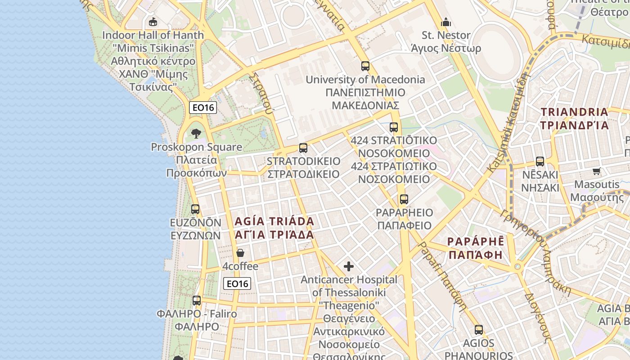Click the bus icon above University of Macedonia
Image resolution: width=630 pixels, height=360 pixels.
(365, 66)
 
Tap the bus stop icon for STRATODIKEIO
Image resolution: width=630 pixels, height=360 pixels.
(303, 148)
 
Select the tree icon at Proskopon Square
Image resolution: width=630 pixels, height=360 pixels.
(196, 133)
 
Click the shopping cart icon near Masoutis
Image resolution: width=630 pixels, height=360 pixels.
(597, 171)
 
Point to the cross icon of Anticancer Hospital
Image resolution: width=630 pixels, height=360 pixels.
(349, 266)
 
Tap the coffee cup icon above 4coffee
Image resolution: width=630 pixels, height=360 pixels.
(240, 253)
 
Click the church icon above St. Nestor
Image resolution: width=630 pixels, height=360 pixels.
(446, 22)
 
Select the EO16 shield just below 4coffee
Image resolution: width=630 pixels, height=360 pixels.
(237, 283)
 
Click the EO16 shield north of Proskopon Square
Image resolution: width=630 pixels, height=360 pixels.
(203, 107)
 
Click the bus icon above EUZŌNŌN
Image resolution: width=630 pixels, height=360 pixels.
(195, 209)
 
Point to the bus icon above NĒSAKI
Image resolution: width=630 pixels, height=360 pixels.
(540, 161)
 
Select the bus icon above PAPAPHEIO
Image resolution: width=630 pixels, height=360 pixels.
(404, 199)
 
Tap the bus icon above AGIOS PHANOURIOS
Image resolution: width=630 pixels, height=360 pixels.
(479, 329)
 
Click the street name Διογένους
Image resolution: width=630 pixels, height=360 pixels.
(538, 315)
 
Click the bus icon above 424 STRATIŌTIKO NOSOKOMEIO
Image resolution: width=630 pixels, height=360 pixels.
(394, 127)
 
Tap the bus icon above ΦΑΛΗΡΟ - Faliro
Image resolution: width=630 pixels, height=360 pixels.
(197, 301)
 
